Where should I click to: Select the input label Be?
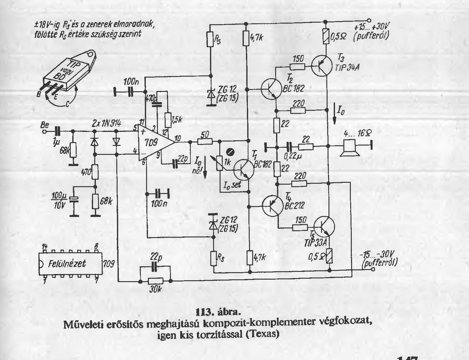(x=45, y=125)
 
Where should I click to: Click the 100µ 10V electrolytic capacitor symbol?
(x=74, y=200)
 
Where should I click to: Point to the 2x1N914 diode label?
(x=106, y=124)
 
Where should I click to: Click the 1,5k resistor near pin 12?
(x=168, y=120)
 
